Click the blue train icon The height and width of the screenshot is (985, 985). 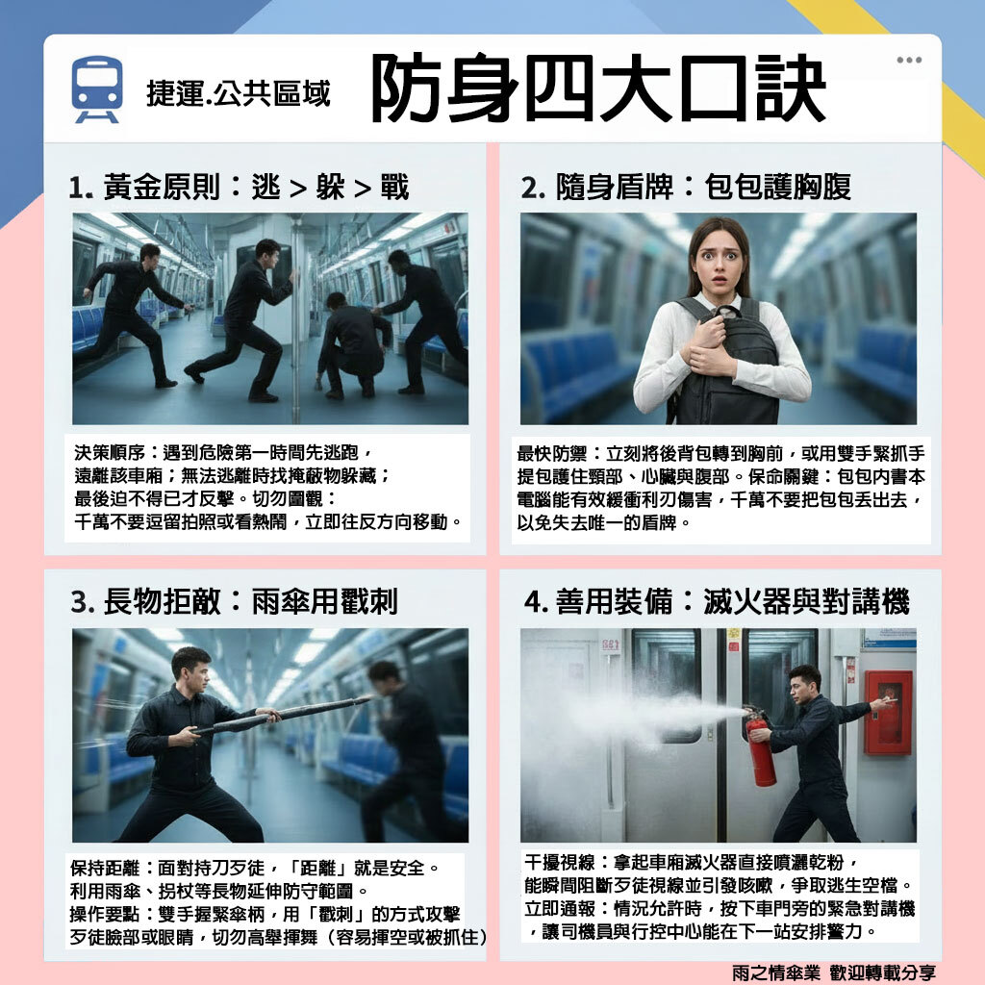coord(97,89)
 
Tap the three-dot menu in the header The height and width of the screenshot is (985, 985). coord(908,60)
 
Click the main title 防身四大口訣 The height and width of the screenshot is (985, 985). coord(598,90)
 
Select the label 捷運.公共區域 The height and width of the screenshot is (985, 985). coord(238,93)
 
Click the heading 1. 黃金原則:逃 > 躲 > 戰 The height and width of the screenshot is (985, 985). coord(240,187)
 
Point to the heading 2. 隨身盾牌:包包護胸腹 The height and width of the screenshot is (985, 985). coord(686,187)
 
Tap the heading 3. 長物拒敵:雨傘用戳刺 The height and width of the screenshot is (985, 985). coord(234,602)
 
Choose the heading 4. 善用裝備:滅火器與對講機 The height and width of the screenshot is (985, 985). coord(716,602)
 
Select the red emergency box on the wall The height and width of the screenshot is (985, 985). coord(887,713)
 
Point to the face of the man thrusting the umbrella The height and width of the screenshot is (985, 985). coord(191,669)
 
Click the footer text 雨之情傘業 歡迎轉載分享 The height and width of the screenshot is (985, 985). coord(833,972)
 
